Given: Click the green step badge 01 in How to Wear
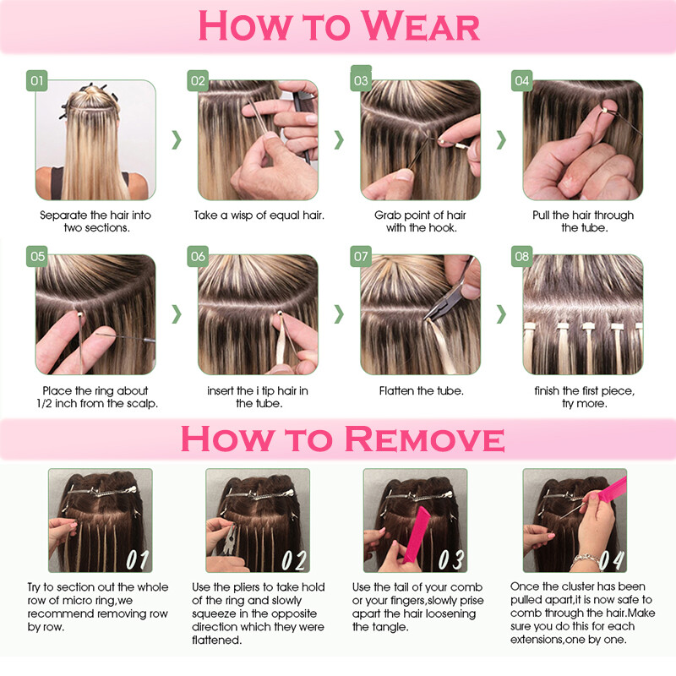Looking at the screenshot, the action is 36,80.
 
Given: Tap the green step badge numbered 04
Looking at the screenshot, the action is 521,80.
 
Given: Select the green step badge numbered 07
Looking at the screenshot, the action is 361,257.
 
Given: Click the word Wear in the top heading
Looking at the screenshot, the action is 420,26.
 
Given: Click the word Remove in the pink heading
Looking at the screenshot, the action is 424,439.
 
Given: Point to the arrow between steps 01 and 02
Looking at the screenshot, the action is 177,139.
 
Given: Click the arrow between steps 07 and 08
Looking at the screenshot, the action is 501,314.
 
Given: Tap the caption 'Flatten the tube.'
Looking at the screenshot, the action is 421,391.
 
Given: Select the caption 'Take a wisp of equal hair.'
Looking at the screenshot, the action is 259,215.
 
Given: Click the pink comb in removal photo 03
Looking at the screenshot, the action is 416,536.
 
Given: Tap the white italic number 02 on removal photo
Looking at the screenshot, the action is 294,559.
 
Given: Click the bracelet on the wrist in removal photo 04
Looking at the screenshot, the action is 587,560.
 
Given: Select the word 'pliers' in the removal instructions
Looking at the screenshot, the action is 247,587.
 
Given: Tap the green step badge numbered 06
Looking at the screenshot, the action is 198,257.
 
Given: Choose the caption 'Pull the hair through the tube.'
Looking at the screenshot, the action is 583,221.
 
